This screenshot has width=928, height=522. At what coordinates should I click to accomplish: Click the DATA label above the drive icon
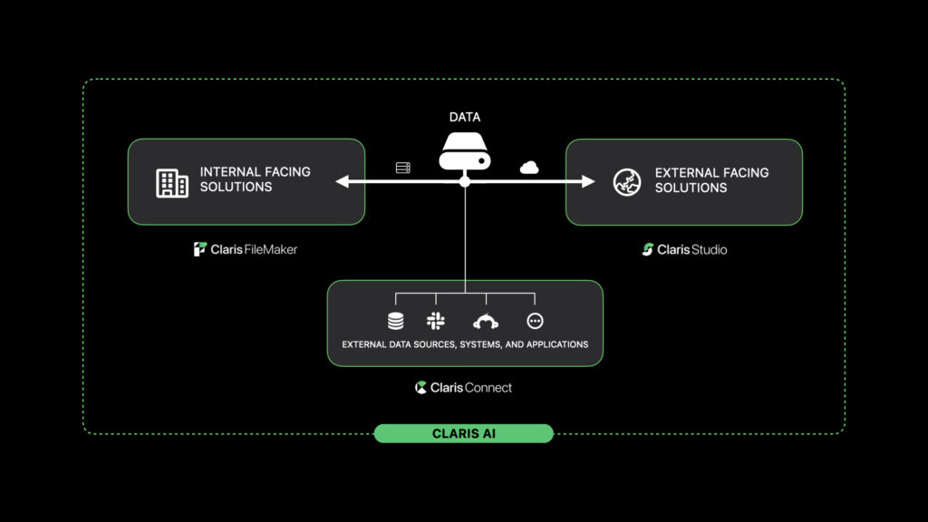pos(465,117)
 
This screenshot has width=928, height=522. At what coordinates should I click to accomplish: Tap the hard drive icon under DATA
pos(465,151)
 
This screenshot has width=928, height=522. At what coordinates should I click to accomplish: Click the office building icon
pos(172,183)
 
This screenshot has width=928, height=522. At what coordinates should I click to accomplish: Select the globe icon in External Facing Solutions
pos(627,182)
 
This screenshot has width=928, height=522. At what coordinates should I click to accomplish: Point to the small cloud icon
pos(529,168)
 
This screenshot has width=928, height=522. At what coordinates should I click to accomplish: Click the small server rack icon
pos(403,168)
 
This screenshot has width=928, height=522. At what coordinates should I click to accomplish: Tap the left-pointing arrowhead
pos(342,181)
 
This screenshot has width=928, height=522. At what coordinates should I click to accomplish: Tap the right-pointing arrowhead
pos(588,181)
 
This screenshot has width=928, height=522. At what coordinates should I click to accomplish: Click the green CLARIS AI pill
pos(464,433)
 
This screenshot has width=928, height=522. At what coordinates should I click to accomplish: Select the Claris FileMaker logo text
pos(246,249)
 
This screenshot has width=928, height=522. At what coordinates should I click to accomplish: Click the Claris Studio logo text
pos(685,250)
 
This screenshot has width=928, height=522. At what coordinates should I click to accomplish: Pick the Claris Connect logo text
pos(463,388)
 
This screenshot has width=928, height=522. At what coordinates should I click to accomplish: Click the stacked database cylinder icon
pos(396,322)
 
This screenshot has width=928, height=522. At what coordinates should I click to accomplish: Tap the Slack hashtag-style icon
pos(436,321)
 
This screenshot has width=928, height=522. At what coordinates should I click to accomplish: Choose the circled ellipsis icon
pos(535,321)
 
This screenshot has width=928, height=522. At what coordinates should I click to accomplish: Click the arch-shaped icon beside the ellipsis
pos(486,322)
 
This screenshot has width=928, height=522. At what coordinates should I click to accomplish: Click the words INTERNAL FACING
pos(255,171)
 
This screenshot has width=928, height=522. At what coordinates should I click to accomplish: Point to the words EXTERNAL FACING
pos(712,173)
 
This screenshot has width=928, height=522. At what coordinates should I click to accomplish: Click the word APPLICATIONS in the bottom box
pos(557,344)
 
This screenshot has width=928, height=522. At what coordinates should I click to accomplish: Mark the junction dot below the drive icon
pos(465,181)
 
